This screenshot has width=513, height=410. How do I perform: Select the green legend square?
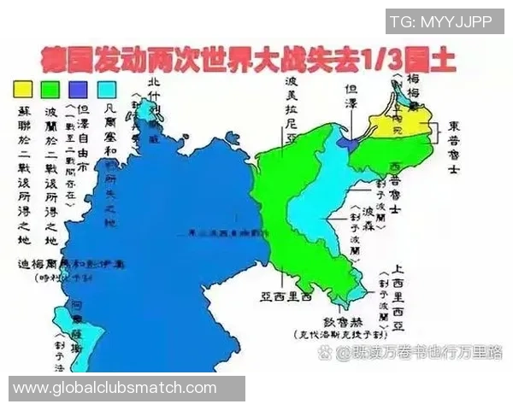(50, 88)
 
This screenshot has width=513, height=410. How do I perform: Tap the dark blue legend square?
(79, 88)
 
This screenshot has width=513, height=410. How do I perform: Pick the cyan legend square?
(107, 88)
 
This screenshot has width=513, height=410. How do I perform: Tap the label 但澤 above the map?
(351, 92)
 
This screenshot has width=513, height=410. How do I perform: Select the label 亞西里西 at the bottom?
(288, 299)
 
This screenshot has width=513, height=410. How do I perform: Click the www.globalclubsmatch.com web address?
(115, 389)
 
